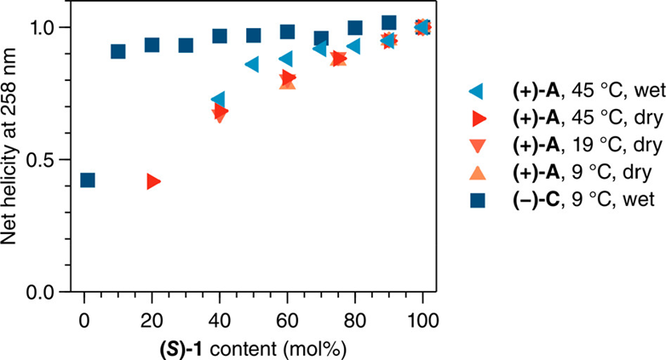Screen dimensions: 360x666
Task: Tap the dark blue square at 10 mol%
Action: (x=118, y=51)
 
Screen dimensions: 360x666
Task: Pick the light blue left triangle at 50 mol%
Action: (x=252, y=64)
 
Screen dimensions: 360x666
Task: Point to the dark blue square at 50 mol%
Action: (x=254, y=35)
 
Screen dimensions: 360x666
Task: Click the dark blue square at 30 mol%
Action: (x=186, y=44)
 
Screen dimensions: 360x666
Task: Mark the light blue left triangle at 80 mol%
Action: (x=353, y=45)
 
